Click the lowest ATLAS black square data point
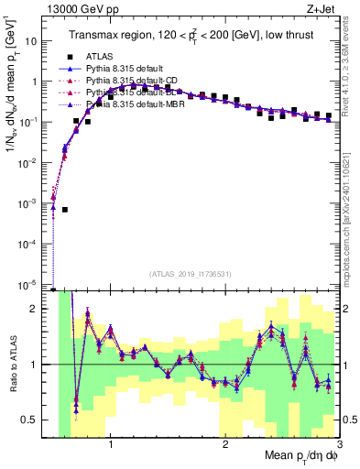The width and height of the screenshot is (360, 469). click(x=65, y=210)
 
